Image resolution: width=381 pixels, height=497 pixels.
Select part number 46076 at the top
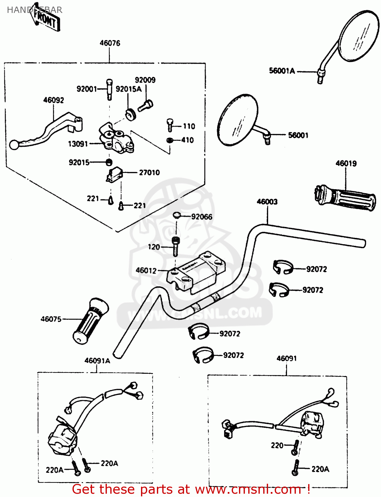coord(110,43)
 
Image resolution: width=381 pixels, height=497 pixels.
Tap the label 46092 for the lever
coord(53,100)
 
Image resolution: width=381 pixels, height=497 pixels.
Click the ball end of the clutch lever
coord(14,145)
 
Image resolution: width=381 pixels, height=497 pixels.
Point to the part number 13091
coord(78,144)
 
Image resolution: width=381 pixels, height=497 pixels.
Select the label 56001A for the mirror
coord(282,71)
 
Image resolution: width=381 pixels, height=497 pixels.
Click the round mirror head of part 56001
coord(237,120)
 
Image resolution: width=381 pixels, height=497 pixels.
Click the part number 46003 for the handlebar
coord(267,202)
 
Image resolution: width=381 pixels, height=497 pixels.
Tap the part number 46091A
coord(97,360)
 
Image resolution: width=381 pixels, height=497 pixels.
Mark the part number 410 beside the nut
coord(187,140)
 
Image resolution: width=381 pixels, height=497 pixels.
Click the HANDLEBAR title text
coord(34,10)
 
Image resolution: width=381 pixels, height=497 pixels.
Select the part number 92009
coord(145,80)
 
